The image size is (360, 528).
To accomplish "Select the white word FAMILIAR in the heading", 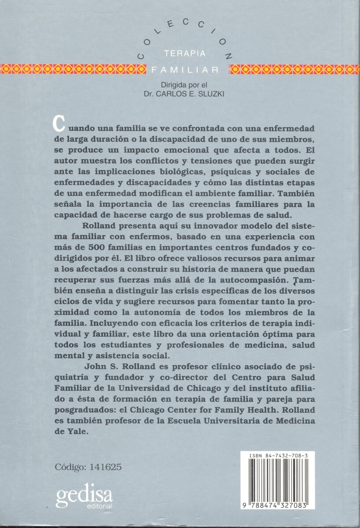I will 185,70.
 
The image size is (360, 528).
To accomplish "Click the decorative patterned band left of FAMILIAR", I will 73,69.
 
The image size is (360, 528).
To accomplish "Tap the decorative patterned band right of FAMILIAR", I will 295,69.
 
